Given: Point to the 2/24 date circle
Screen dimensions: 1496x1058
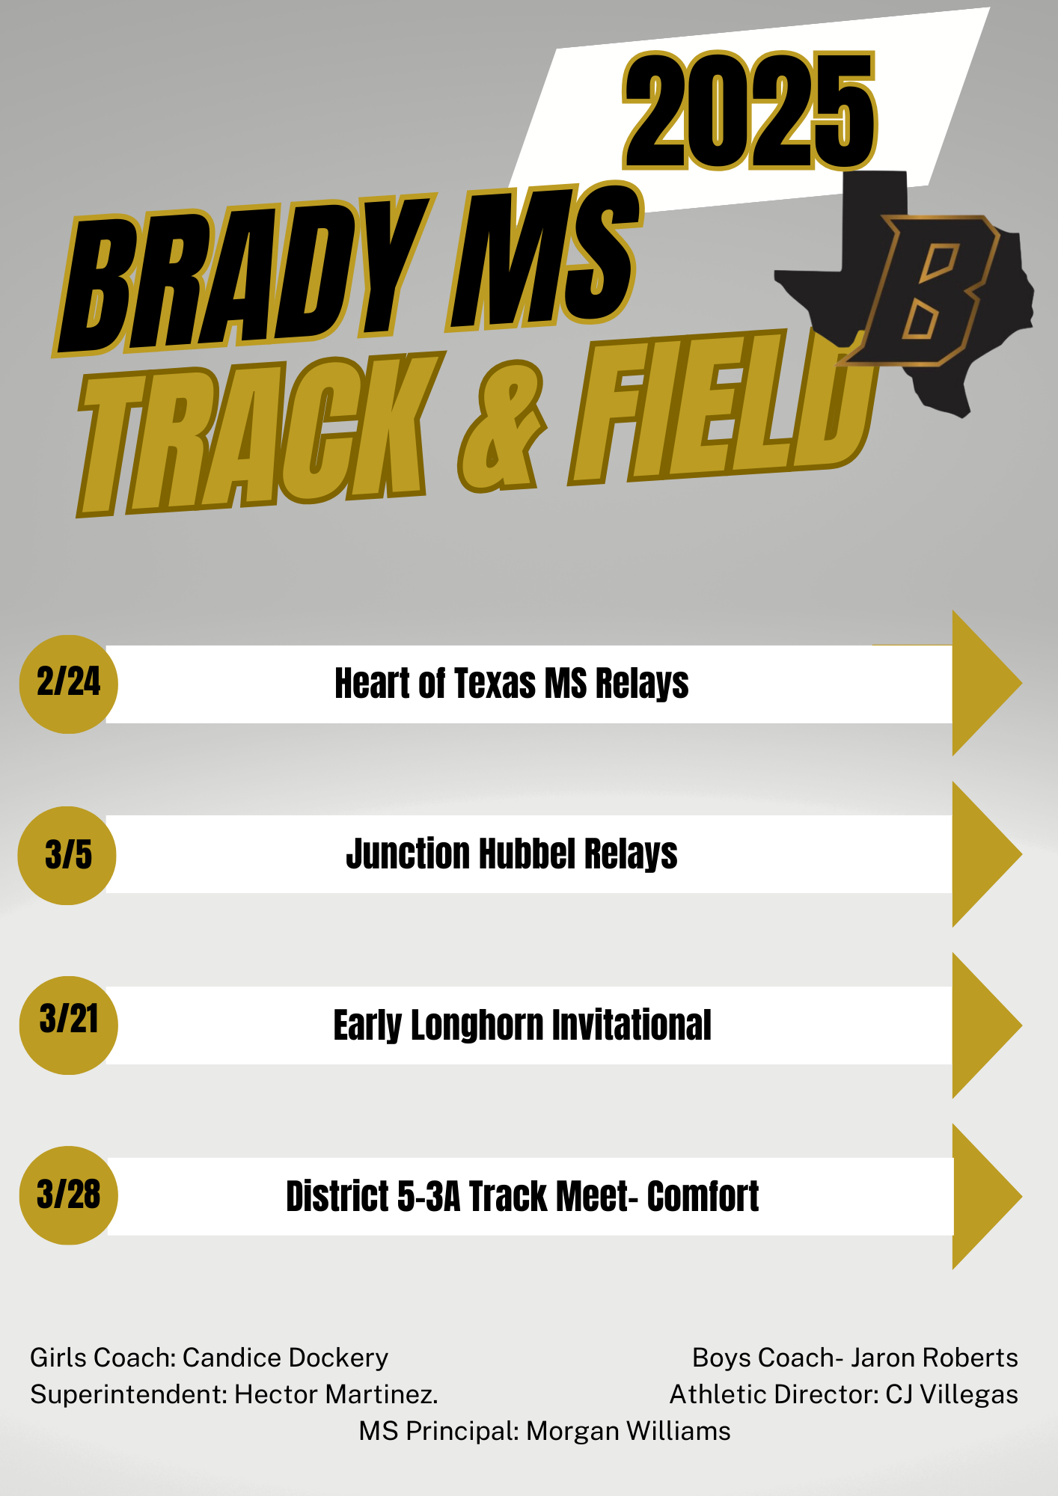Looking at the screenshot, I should pyautogui.click(x=68, y=684).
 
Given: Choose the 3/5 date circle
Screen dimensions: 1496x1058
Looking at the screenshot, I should pyautogui.click(x=67, y=855).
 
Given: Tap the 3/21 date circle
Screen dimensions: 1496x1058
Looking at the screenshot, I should pyautogui.click(x=68, y=1025).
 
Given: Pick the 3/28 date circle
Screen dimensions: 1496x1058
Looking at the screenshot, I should pyautogui.click(x=68, y=1195).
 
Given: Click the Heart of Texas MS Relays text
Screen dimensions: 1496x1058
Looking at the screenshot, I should pyautogui.click(x=512, y=684).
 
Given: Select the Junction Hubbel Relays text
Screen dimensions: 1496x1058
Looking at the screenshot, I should pyautogui.click(x=512, y=854).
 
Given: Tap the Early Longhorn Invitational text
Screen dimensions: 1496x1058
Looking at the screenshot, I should pyautogui.click(x=522, y=1025).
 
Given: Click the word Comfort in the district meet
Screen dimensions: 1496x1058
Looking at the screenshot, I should pyautogui.click(x=703, y=1196).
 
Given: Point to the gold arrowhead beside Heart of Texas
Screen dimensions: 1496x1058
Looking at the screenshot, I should pyautogui.click(x=984, y=683).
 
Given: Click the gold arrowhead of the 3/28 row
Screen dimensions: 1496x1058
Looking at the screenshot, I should pyautogui.click(x=984, y=1196).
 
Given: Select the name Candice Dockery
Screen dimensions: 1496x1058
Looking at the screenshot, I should pyautogui.click(x=285, y=1358).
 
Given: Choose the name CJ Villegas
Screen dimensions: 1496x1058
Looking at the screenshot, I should pyautogui.click(x=952, y=1394).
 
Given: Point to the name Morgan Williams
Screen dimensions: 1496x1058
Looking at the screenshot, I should pyautogui.click(x=629, y=1431).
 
